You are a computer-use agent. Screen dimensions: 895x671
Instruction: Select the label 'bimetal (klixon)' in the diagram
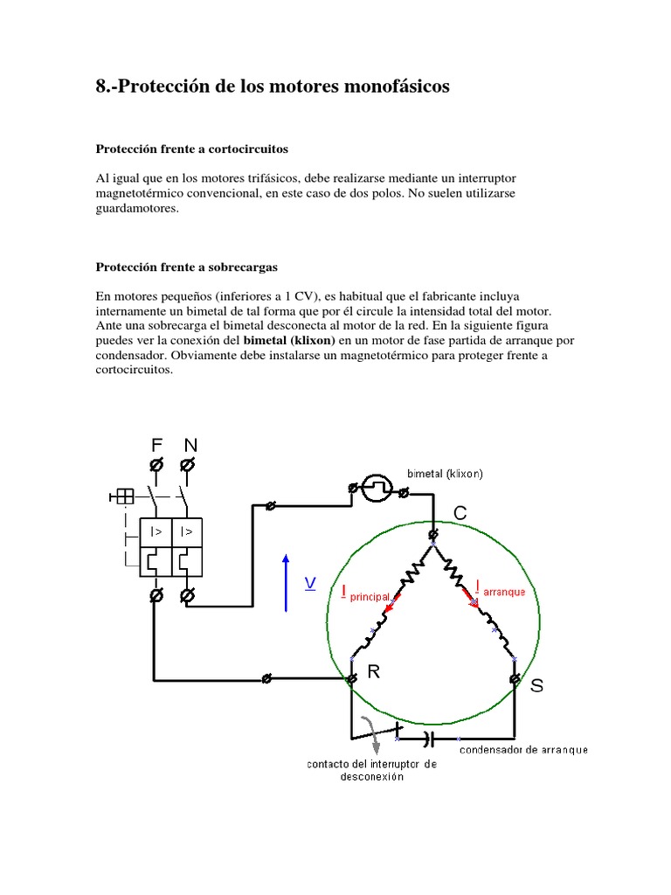pos(445,474)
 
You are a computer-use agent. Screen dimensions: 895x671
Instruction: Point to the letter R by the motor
pos(374,671)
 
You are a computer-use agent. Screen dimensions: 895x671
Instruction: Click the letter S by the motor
pos(536,686)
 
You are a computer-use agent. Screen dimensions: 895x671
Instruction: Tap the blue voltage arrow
pos(286,581)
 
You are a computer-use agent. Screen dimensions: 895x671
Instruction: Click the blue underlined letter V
pos(309,583)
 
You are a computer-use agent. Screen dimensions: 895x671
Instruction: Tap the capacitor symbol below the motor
pos(428,739)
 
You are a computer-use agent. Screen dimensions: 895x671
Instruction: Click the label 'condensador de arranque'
pos(523,749)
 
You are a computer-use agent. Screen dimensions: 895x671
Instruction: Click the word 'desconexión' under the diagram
pos(371,778)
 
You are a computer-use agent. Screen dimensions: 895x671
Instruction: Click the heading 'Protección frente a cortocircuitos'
pos(191,149)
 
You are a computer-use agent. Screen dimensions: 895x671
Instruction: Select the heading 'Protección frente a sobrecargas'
pos(186,267)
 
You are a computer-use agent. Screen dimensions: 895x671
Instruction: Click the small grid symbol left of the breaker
pos(122,496)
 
